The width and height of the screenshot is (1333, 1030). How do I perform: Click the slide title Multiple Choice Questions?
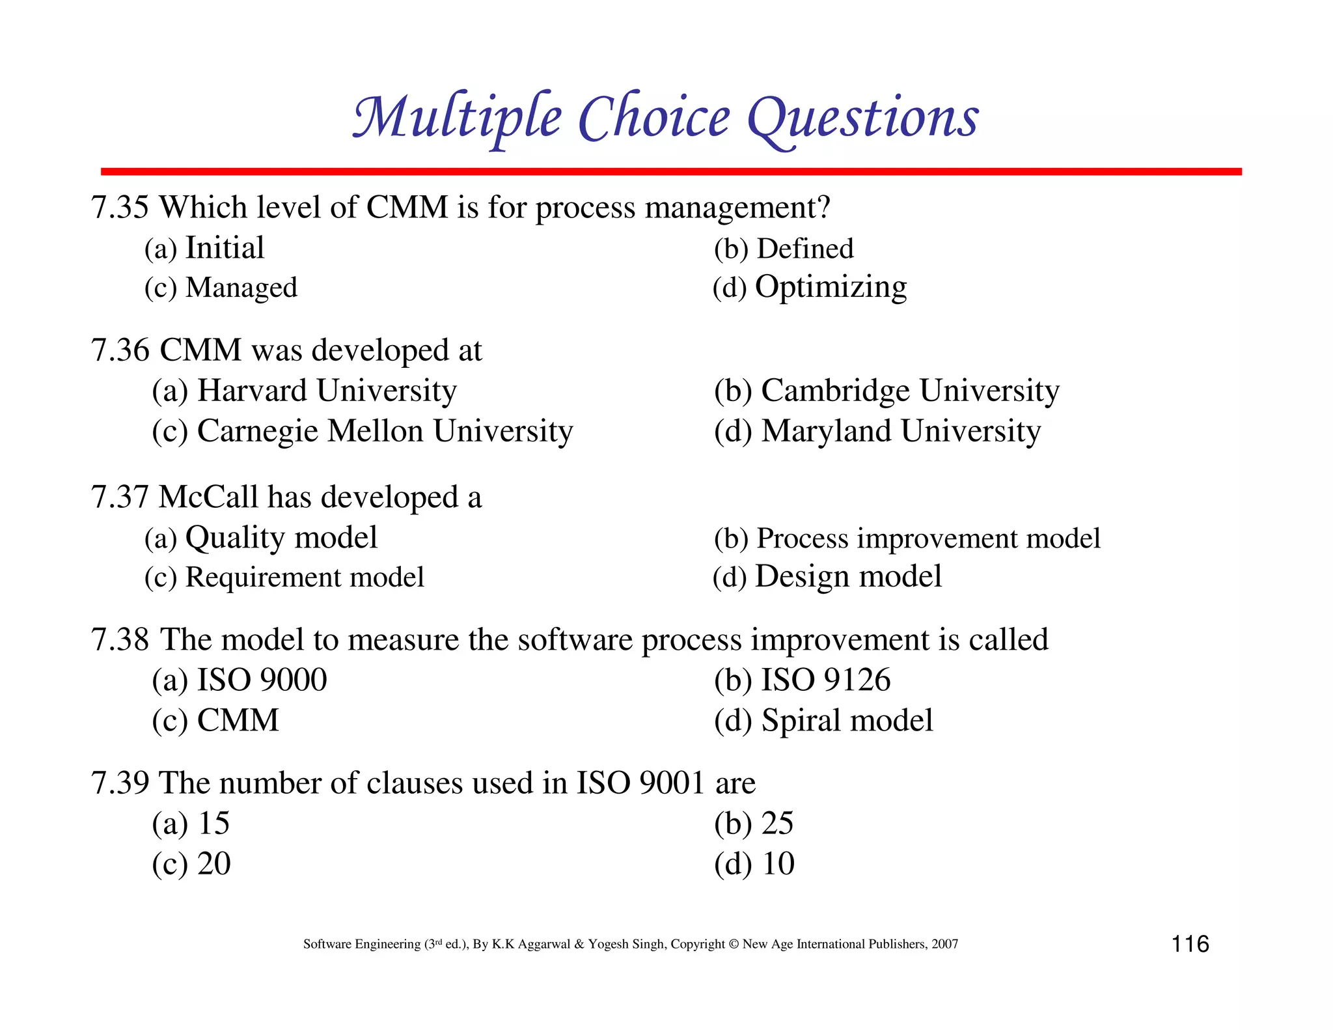coord(665,118)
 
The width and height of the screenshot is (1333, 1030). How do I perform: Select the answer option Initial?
coord(225,248)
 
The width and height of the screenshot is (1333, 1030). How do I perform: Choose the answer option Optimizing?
coord(831,287)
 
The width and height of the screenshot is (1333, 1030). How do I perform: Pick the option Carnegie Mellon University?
coord(385,431)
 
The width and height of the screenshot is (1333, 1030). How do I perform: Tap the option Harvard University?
coord(327,391)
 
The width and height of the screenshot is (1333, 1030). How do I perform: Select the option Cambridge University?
coord(910,391)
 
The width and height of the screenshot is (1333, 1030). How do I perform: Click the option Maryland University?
coord(901,431)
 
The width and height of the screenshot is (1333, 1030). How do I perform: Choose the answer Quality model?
coord(281,538)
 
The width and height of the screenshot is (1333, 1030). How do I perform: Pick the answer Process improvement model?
coord(928,538)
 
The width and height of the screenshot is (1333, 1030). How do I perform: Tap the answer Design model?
coord(848,577)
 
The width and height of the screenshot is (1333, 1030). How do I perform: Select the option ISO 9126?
coord(825,680)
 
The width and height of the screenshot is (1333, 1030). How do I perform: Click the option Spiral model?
coord(847,721)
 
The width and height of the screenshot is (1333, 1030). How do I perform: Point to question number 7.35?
coord(120,208)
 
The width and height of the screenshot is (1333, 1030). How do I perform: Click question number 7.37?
coord(120,497)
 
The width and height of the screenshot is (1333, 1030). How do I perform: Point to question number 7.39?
coord(120,783)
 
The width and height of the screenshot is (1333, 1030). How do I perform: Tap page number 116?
coord(1190,944)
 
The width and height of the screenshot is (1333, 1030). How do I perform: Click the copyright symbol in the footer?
coord(734,944)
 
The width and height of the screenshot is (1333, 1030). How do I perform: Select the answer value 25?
coord(777,824)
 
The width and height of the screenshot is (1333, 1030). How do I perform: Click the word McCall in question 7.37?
coord(208,497)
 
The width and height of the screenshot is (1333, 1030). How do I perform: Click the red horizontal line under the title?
coord(670,171)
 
